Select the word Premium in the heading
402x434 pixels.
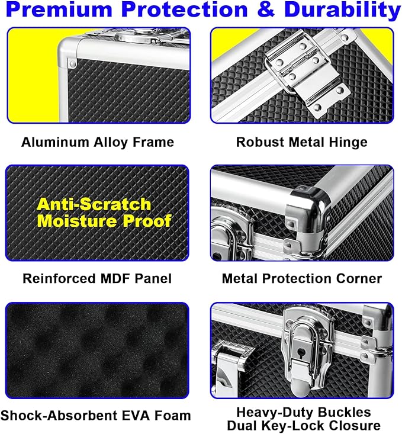(x=59, y=9)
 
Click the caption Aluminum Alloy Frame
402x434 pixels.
(x=98, y=142)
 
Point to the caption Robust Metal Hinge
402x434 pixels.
(x=302, y=142)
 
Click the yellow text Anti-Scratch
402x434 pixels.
(x=94, y=204)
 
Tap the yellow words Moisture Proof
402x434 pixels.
(x=104, y=221)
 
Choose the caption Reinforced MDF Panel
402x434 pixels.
(x=97, y=278)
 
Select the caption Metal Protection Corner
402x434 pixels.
(x=302, y=278)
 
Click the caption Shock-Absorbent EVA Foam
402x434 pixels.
(x=96, y=416)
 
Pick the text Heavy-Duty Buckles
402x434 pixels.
(x=304, y=413)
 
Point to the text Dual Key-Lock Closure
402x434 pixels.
(x=304, y=426)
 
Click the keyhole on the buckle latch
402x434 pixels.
(x=301, y=353)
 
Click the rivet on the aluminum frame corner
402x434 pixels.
(x=73, y=64)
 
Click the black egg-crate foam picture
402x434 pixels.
(x=97, y=351)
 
